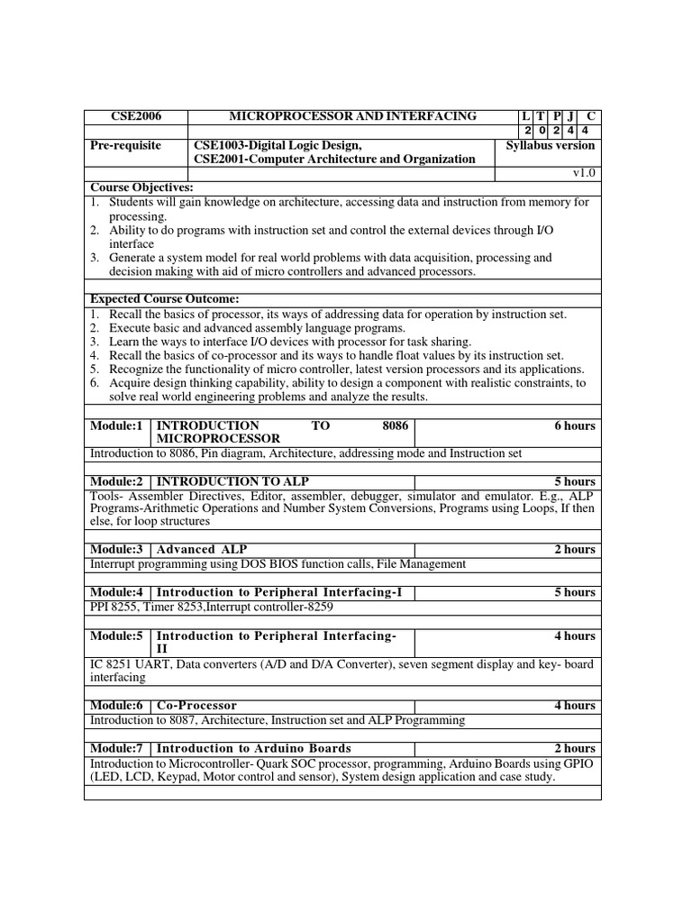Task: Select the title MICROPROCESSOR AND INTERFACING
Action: coord(353,116)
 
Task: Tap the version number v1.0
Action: coord(584,173)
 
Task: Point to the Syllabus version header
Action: coord(550,145)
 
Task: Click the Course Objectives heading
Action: coord(142,187)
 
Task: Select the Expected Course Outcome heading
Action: coord(163,299)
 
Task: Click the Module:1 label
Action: coord(117,425)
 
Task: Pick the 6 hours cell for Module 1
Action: coord(575,425)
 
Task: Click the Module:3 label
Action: coord(117,549)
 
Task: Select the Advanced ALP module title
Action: coord(202,549)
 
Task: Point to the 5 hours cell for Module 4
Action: coord(575,592)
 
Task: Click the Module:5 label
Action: coord(117,635)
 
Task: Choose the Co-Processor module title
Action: coord(196,705)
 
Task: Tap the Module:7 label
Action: coord(117,748)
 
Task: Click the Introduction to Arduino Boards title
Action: coord(254,748)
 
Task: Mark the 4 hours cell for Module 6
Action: coord(575,705)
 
